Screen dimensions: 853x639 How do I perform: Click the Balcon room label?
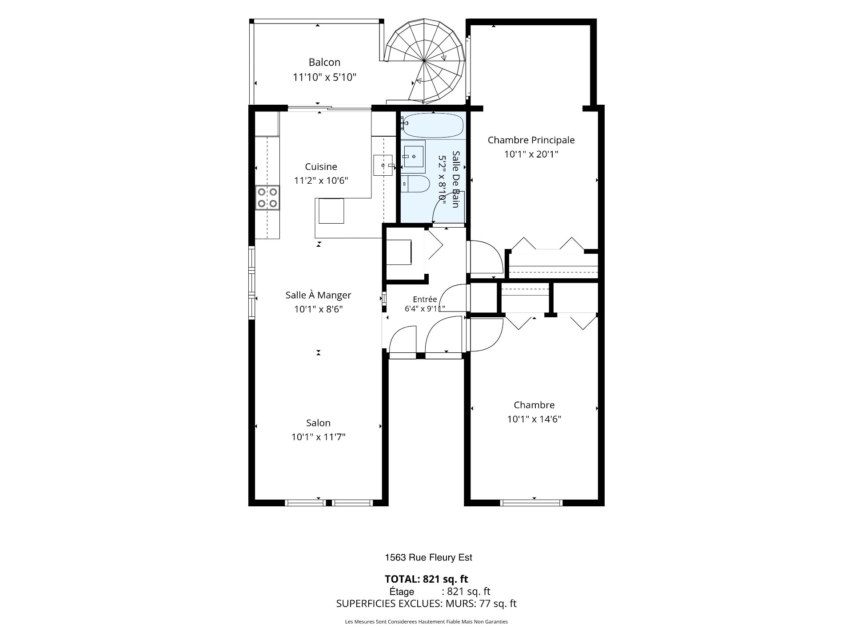[324, 62]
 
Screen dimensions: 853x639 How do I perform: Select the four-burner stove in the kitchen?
[267, 198]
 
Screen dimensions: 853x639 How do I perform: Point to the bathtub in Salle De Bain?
[433, 125]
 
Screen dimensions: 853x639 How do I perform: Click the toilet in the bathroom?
[415, 183]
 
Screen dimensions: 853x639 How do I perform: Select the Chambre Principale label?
[531, 140]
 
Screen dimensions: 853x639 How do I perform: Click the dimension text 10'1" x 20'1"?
[531, 154]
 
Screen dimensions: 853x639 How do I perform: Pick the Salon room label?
[318, 423]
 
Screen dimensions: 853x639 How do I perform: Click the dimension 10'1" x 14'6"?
[534, 419]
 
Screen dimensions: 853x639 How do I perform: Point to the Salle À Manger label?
[318, 295]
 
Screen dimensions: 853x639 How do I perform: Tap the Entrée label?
[425, 300]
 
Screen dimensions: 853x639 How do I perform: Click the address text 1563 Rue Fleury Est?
[428, 558]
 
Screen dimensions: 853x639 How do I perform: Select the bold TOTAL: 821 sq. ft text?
[426, 579]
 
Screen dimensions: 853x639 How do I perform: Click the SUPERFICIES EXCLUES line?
[426, 603]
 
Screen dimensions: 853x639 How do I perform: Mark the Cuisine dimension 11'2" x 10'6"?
[321, 181]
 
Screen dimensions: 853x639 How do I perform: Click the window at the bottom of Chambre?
[531, 502]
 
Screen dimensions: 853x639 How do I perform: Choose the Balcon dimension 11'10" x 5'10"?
[324, 77]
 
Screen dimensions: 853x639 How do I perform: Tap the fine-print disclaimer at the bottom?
[426, 622]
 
